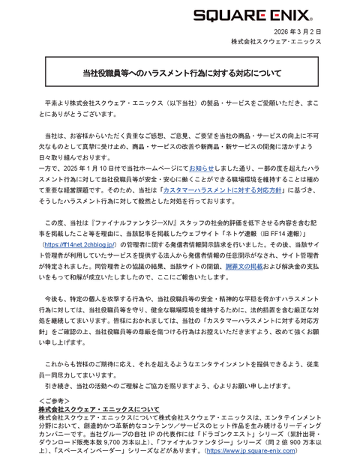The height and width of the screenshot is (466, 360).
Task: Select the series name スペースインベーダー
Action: tap(86, 452)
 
